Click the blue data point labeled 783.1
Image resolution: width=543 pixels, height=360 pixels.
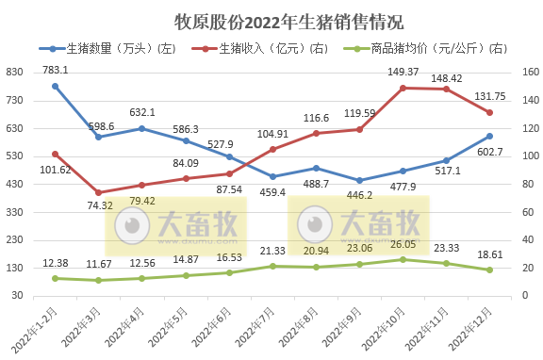click(55, 86)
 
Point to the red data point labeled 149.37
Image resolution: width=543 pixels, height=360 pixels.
click(403, 88)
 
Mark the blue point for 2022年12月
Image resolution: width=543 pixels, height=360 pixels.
click(489, 136)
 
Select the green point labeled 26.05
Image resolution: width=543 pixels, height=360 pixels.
click(403, 259)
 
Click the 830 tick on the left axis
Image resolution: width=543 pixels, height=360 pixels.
click(18, 72)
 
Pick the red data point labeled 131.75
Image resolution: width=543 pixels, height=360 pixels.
click(489, 113)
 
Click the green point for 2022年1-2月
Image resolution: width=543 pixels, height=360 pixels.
click(55, 278)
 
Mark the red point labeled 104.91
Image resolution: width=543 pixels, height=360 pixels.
click(272, 149)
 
